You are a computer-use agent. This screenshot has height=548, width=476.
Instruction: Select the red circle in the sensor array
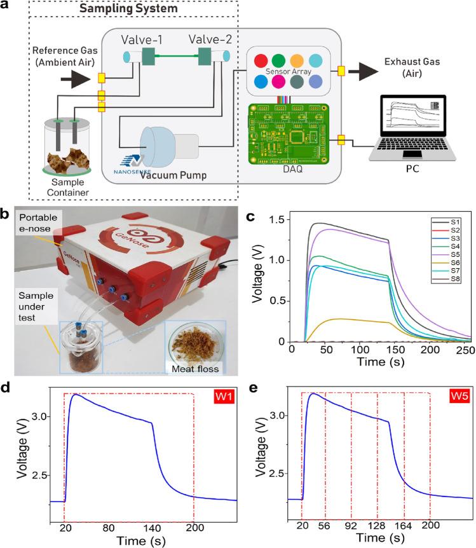(x=260, y=61)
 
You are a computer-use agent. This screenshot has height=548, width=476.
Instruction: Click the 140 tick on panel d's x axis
(x=151, y=528)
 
